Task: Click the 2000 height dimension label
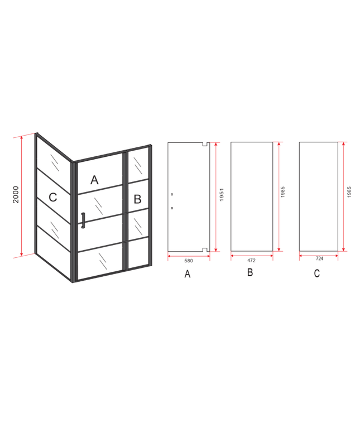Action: tap(16, 194)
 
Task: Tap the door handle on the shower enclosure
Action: tap(83, 220)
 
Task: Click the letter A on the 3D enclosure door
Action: tap(94, 180)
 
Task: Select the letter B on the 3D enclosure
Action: tap(137, 199)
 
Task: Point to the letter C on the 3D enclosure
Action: tap(52, 197)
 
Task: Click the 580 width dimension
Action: tap(189, 261)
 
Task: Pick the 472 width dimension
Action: tap(251, 260)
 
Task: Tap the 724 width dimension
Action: tap(319, 259)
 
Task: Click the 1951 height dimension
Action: tap(222, 194)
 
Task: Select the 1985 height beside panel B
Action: tap(282, 192)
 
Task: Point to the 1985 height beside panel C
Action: tap(349, 192)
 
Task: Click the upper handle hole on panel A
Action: tap(172, 194)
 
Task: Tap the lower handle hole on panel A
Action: tap(172, 208)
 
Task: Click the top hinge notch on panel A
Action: tap(205, 144)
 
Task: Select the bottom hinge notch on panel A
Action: tap(205, 249)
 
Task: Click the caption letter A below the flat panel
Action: tap(188, 274)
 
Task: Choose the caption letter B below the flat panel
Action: tap(250, 272)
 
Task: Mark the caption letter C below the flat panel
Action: tap(317, 273)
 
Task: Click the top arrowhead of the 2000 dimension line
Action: tap(21, 138)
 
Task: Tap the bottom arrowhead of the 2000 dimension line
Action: tap(21, 254)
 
